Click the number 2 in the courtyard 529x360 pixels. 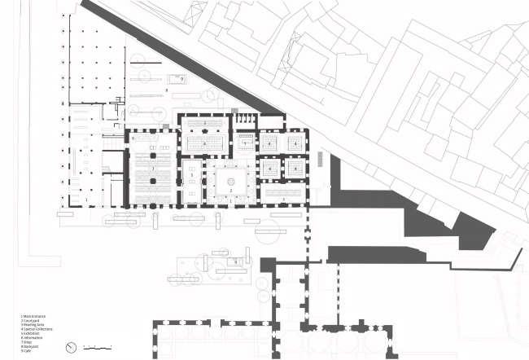tap(232, 190)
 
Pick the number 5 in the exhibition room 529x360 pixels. tap(191, 175)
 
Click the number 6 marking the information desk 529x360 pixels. tap(132, 138)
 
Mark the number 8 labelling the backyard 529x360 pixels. tap(167, 88)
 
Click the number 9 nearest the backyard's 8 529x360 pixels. tap(181, 78)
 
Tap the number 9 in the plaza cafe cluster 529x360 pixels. tap(235, 262)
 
